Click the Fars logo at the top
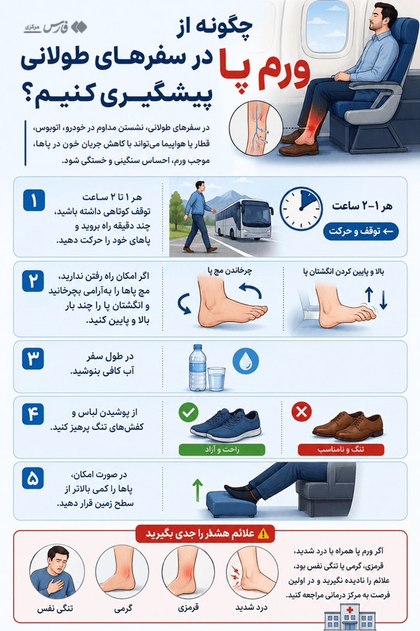pos(55,27)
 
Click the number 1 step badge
pos(34,201)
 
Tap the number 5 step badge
pos(33,478)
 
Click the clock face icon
pos(301,208)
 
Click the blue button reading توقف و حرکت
pos(361,231)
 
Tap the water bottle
pos(197,367)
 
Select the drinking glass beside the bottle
pos(216,379)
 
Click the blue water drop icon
pos(246,361)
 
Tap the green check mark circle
pos(188,412)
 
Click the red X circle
pos(302,412)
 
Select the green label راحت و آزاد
pos(222,449)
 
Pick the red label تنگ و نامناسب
pos(341,449)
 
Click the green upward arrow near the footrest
pos(197,490)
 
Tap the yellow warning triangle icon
pos(263,534)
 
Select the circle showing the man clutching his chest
pos(57,572)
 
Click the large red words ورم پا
pos(265,69)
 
